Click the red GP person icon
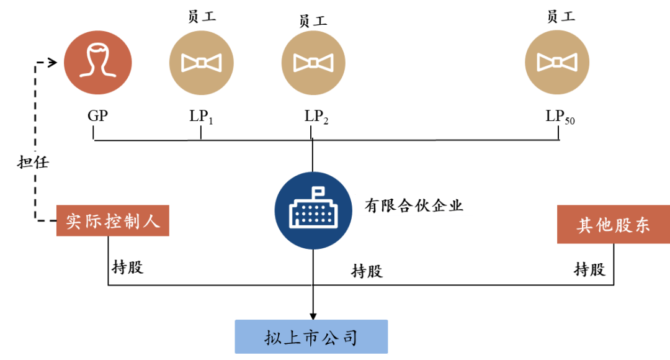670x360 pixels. pyautogui.click(x=98, y=62)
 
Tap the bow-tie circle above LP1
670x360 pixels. pyautogui.click(x=201, y=62)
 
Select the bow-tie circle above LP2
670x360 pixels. pyautogui.click(x=313, y=62)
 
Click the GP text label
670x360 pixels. pyautogui.click(x=98, y=115)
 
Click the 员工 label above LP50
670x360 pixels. pyautogui.click(x=561, y=17)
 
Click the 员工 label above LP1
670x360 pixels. pyautogui.click(x=201, y=17)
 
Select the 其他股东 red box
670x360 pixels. pyautogui.click(x=613, y=224)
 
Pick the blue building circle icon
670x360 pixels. pyautogui.click(x=313, y=210)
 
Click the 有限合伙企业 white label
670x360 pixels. pyautogui.click(x=414, y=205)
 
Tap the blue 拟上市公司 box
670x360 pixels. pyautogui.click(x=311, y=337)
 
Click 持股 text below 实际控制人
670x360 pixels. pyautogui.click(x=128, y=268)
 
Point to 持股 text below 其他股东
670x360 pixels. pyautogui.click(x=589, y=269)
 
